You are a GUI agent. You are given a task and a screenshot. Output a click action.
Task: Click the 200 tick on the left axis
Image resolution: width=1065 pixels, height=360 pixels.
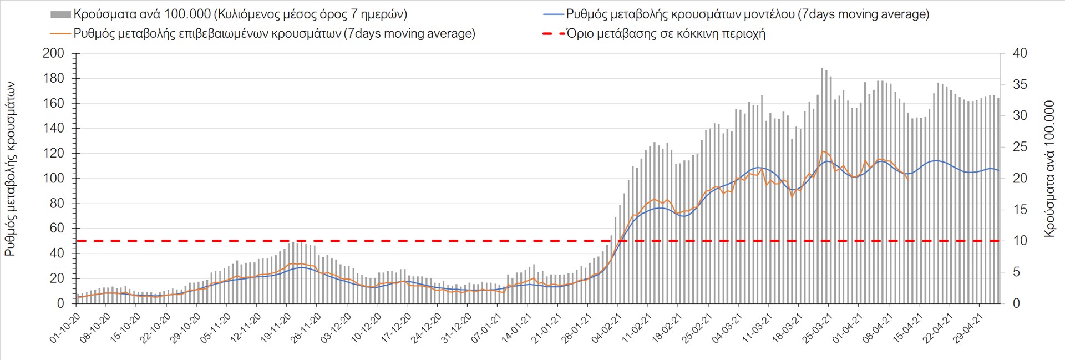53,53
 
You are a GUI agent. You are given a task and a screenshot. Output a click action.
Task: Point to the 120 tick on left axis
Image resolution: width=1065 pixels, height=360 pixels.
53,153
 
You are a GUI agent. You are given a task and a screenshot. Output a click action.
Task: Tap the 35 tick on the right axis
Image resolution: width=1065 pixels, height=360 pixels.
1020,84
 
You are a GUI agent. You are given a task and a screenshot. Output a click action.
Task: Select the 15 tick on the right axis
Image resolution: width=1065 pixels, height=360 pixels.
1020,210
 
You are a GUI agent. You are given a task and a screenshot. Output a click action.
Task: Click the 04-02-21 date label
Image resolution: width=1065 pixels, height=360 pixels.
606,328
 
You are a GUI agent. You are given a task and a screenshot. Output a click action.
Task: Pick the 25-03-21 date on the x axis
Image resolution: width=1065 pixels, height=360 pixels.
817,328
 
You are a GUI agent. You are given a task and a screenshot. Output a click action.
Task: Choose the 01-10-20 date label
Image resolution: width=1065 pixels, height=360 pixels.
65,328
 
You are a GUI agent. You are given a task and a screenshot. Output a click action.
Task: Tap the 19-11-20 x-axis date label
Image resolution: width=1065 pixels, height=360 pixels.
276,328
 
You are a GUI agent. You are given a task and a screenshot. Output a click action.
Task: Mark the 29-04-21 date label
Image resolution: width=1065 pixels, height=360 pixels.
967,328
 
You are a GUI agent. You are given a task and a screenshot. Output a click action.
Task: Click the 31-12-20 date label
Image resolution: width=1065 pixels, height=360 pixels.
456,328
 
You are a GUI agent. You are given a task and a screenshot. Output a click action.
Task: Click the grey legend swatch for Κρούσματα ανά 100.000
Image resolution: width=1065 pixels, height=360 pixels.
60,14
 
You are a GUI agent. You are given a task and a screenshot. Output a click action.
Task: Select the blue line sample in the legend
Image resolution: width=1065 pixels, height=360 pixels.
553,14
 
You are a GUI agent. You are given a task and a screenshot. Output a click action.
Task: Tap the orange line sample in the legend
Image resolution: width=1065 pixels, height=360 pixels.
60,33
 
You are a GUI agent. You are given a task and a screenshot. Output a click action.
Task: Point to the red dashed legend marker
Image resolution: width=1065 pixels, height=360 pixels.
553,33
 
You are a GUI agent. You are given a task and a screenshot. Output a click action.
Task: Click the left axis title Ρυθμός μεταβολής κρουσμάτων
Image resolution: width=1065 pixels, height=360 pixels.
10,169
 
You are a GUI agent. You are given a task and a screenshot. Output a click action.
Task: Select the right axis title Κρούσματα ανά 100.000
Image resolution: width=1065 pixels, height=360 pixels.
1049,169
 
